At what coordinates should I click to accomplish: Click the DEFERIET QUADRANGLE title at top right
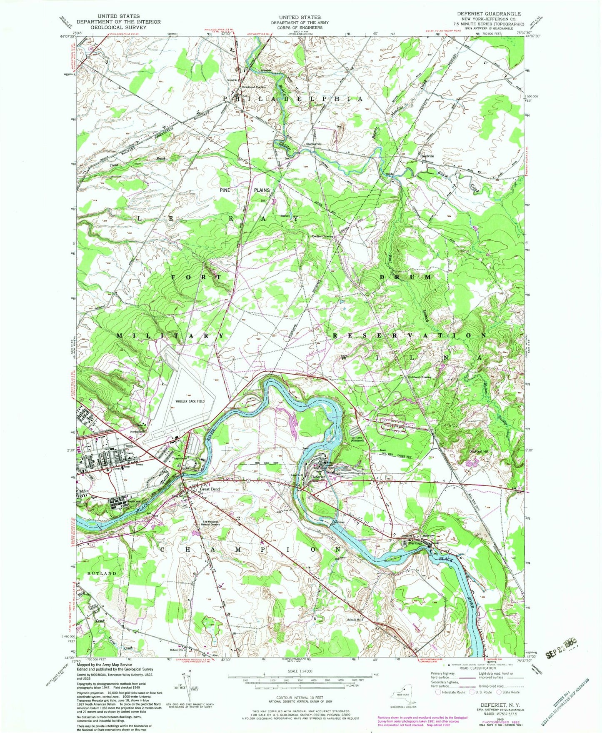(x=488, y=14)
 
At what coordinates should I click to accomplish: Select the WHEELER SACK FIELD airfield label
(x=190, y=401)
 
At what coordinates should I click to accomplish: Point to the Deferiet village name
(x=318, y=478)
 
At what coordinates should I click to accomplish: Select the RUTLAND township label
(x=102, y=573)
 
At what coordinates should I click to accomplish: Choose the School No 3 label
(x=355, y=620)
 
